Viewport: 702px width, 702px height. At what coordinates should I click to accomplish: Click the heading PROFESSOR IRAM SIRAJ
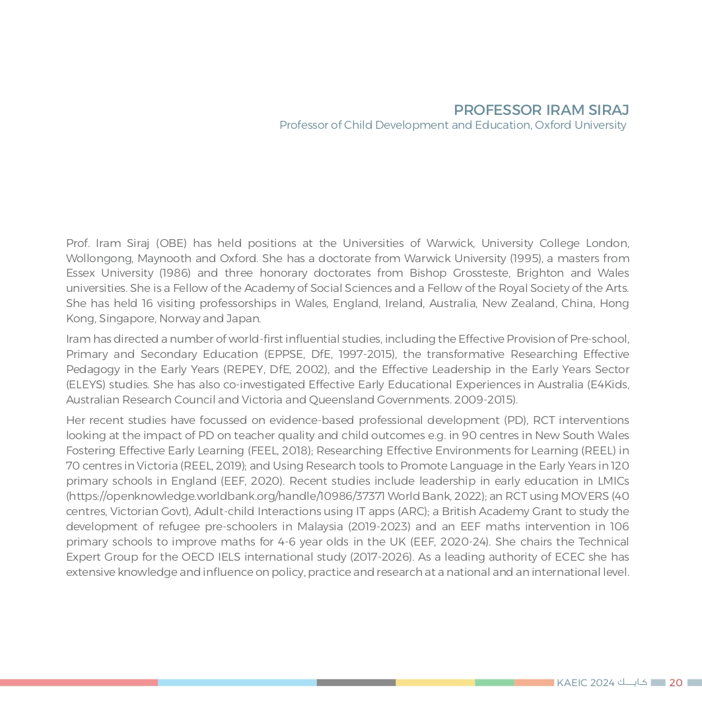(x=541, y=110)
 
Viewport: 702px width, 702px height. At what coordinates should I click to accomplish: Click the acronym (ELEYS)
(x=85, y=384)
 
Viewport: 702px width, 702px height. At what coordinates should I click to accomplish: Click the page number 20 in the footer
(x=676, y=683)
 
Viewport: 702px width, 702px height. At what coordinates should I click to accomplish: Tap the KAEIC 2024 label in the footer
(x=585, y=683)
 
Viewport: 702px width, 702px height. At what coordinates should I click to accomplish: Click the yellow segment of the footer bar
(x=435, y=683)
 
